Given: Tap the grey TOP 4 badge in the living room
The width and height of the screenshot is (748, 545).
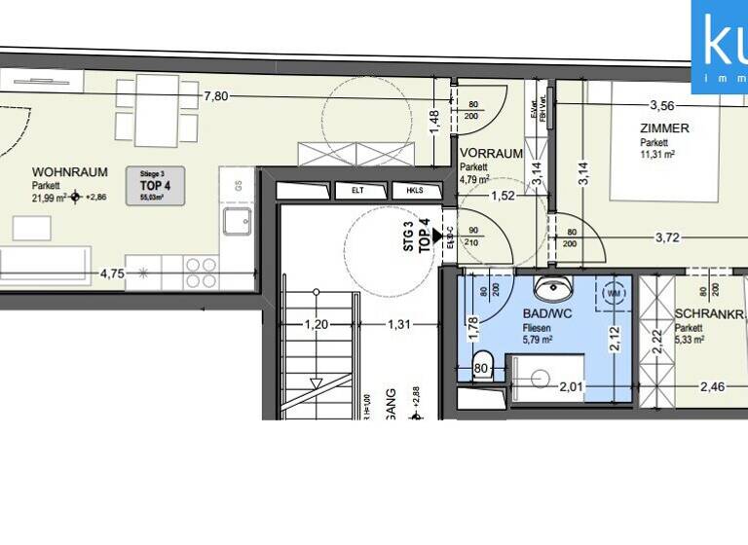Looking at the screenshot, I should click(150, 184).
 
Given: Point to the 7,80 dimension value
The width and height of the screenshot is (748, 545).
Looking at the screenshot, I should click(216, 95).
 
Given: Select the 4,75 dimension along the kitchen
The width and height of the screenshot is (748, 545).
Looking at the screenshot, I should click(112, 273).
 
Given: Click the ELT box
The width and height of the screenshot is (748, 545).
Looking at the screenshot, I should click(348, 192).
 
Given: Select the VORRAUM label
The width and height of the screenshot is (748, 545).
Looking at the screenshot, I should click(491, 154).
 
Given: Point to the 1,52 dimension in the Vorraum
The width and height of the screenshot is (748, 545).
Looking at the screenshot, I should click(503, 196).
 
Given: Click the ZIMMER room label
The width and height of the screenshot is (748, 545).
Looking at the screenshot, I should click(664, 128).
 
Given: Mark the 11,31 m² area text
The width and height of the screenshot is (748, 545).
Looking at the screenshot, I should click(657, 153).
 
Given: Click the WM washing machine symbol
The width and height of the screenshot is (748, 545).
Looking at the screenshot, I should click(614, 293).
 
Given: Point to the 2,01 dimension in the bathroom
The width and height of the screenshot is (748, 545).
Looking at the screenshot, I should click(572, 386).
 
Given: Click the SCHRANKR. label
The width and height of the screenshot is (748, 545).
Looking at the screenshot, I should click(708, 314).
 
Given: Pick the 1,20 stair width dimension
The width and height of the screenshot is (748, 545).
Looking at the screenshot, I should click(314, 324).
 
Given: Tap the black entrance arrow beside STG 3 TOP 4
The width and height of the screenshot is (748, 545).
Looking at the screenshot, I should click(438, 236).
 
